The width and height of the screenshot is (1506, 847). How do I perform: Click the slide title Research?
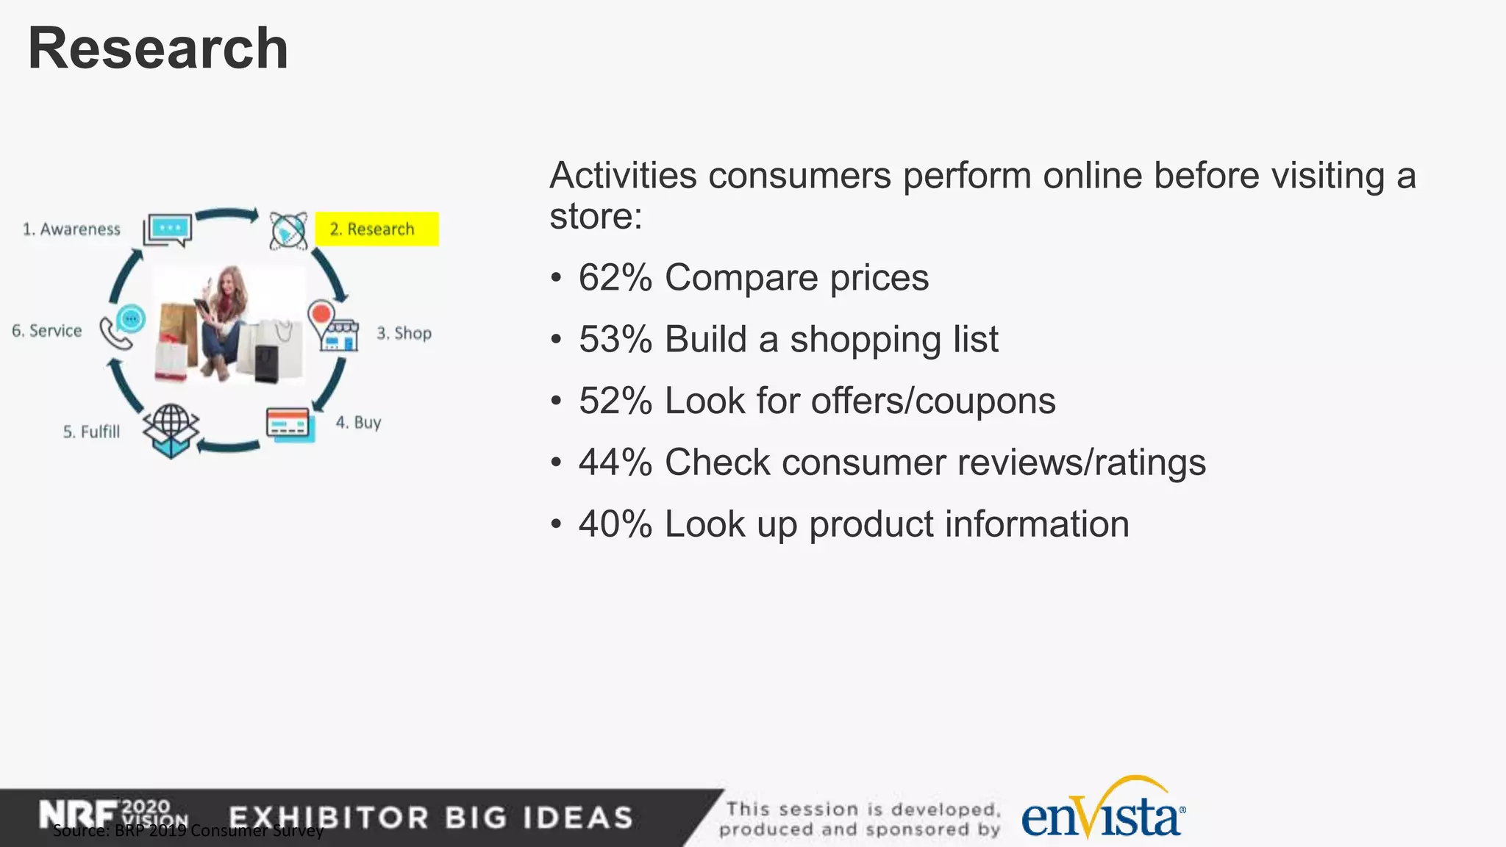[157, 49]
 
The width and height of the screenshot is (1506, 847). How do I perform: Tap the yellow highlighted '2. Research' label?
[376, 229]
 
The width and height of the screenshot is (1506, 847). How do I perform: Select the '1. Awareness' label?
[71, 229]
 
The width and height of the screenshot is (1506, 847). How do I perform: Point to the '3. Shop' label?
[404, 333]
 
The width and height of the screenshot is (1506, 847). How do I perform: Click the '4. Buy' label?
[358, 422]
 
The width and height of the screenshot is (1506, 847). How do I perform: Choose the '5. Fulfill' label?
[91, 432]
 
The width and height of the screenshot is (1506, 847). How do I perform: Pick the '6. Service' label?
[46, 331]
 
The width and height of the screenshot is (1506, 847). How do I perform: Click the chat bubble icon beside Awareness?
[168, 229]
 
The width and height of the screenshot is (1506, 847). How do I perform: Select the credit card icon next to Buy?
[290, 424]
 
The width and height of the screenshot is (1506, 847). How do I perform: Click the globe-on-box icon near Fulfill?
[171, 431]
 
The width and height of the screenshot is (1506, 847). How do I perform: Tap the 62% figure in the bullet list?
[615, 278]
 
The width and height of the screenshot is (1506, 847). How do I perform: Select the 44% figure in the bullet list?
[615, 463]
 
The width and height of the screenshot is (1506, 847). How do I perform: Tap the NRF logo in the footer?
[77, 815]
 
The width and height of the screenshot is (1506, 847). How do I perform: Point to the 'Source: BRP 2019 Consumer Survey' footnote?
[188, 832]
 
